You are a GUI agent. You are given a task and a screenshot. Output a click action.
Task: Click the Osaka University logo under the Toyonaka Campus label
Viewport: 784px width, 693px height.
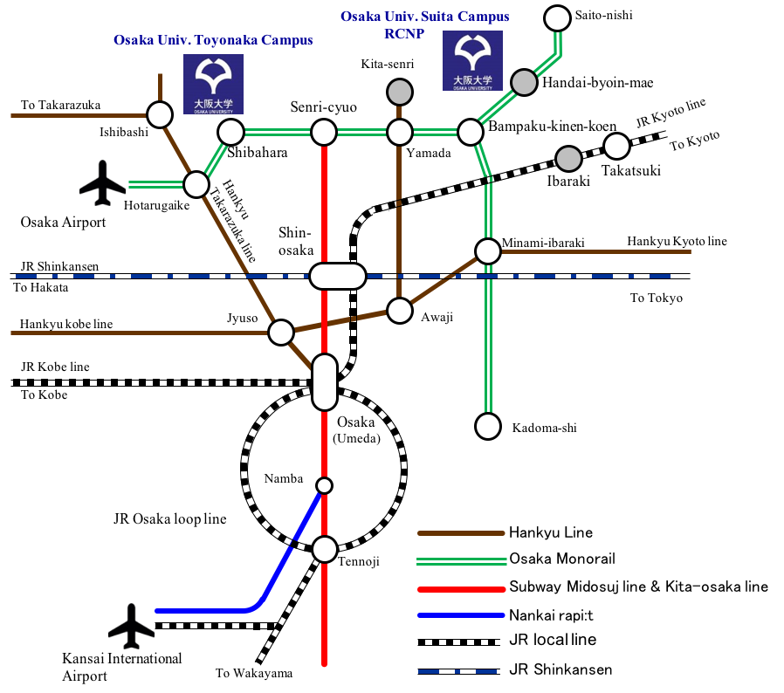[213, 84]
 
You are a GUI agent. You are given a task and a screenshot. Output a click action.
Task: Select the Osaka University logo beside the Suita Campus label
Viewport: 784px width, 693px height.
[472, 60]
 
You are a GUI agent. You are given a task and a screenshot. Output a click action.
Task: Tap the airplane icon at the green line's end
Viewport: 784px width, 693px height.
[103, 183]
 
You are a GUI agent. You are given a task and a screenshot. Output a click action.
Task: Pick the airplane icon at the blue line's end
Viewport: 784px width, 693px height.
[132, 627]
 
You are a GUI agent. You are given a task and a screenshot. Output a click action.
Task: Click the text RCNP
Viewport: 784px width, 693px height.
[404, 34]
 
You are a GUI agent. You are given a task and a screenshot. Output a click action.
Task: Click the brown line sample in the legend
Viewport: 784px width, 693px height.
[461, 533]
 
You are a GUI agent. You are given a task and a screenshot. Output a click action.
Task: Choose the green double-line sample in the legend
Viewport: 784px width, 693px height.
[461, 561]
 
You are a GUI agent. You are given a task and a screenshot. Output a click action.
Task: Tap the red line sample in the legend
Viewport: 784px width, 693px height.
[461, 590]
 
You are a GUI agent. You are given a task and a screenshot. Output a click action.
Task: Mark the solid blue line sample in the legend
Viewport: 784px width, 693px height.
[461, 615]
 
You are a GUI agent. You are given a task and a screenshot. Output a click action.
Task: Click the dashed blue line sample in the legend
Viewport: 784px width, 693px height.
[457, 671]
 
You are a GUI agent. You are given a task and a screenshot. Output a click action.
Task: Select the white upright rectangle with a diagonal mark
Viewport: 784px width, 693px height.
[381, 203]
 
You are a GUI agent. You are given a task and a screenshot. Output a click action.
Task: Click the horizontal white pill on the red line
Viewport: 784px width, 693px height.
[338, 276]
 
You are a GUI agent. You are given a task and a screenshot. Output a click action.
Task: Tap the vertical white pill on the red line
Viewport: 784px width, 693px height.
[325, 382]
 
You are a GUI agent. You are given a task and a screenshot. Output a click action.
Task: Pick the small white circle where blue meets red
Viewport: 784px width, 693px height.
[324, 485]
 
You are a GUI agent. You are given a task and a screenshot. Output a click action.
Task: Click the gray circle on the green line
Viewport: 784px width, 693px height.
[524, 82]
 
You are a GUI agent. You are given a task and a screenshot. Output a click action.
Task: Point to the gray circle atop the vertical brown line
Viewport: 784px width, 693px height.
[400, 92]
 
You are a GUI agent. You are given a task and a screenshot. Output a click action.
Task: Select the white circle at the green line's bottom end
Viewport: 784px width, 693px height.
[488, 426]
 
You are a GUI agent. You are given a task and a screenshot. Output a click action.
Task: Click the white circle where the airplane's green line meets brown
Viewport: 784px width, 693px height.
[196, 184]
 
